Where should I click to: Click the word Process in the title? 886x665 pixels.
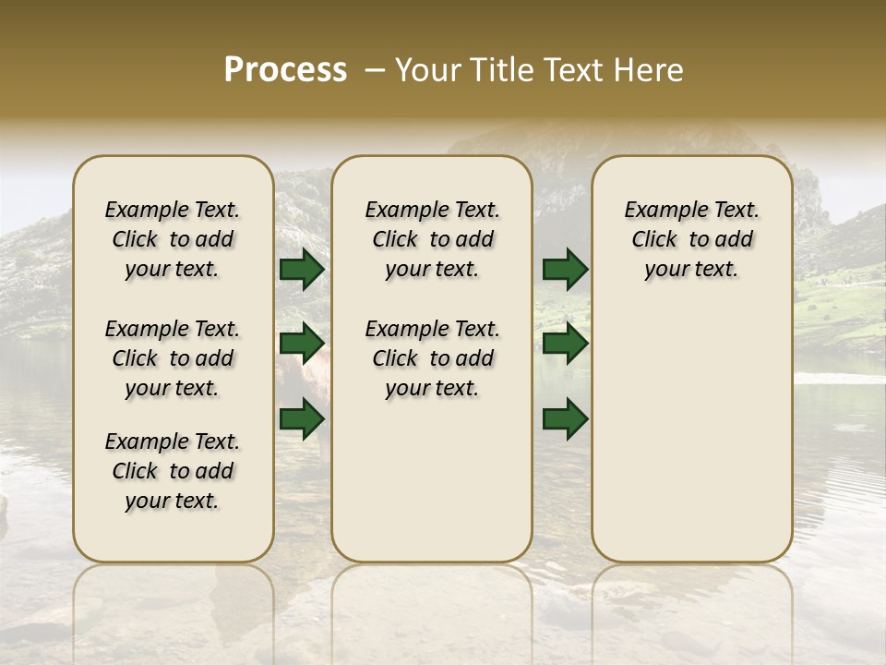pos(285,70)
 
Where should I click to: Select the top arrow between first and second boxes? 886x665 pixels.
pos(302,270)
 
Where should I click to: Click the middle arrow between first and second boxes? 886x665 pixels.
pos(302,344)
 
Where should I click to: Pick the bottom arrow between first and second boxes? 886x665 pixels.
pos(302,418)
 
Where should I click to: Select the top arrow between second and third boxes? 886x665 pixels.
pos(565,270)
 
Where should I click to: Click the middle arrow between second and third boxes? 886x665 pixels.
pos(565,344)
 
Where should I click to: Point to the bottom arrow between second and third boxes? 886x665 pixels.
pos(565,418)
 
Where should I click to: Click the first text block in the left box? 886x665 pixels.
pos(173,240)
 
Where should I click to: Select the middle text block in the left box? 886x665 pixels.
pos(173,358)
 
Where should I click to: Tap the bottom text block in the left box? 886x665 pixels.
pos(173,471)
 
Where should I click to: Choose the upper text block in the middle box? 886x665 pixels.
pos(432,240)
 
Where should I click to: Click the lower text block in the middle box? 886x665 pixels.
pos(432,358)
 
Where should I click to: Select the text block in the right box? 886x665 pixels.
pos(691,240)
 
